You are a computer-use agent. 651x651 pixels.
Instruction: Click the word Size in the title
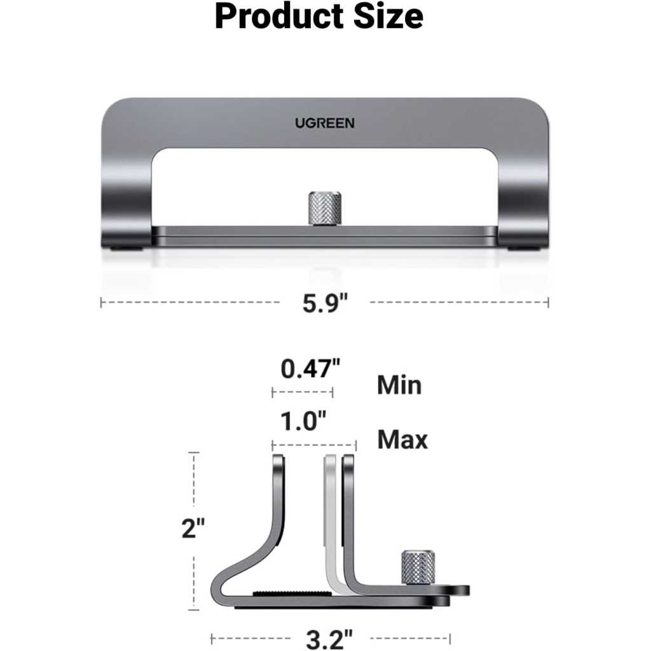tap(388, 17)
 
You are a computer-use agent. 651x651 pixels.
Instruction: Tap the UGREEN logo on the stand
tap(325, 123)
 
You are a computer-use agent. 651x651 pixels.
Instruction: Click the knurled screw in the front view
tap(325, 209)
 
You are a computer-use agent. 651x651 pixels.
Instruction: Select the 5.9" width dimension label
tap(325, 303)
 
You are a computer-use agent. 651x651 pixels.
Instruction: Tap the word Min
tap(399, 385)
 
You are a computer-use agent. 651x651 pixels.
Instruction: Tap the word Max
tap(402, 440)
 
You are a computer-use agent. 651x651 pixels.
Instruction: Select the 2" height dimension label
tap(193, 528)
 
